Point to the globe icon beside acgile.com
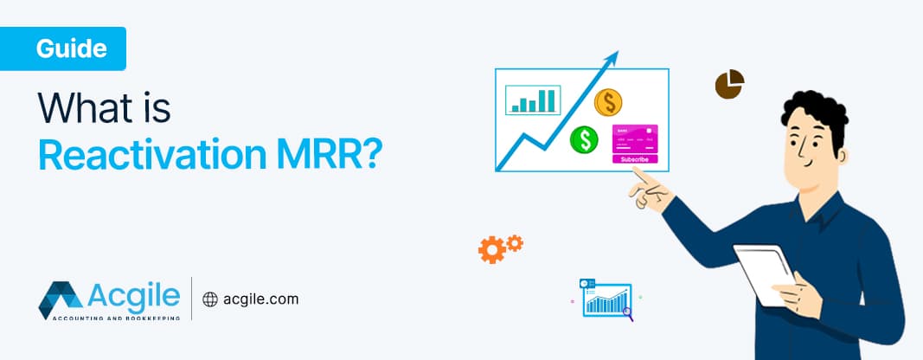click(209, 299)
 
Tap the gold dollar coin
click(609, 103)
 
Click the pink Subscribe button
click(635, 159)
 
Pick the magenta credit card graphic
click(635, 138)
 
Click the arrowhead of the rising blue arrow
click(613, 57)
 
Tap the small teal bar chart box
click(533, 100)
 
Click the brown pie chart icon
click(729, 85)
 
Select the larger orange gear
click(491, 251)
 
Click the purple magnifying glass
click(628, 315)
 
